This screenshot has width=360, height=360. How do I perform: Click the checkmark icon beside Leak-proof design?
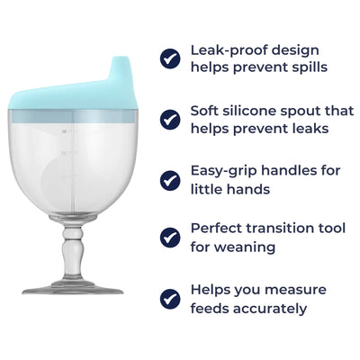coord(170,58)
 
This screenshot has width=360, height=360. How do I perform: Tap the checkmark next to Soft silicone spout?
coord(170,119)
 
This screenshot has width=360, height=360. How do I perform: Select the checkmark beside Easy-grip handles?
coord(170,179)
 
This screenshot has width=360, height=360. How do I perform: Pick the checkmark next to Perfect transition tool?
coord(170,237)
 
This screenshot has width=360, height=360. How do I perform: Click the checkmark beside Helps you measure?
coord(170,298)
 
